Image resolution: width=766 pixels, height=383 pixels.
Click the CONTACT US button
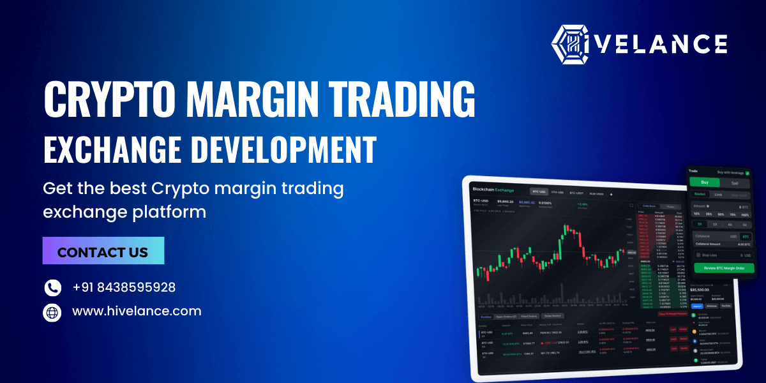tap(103, 251)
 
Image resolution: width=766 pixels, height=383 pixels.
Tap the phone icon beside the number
tap(52, 288)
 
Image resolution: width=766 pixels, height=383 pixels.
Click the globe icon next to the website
tap(52, 312)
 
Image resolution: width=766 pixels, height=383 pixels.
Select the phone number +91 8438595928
tap(124, 288)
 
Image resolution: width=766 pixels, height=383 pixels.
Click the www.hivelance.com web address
tap(137, 312)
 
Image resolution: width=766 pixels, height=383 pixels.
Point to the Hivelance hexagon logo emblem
tap(569, 44)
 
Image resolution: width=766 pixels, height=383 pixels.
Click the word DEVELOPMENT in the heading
tap(283, 149)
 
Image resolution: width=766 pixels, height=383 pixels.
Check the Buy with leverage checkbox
tap(747, 172)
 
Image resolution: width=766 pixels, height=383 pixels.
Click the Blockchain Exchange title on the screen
tap(493, 190)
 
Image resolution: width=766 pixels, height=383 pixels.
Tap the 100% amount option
tap(744, 214)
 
